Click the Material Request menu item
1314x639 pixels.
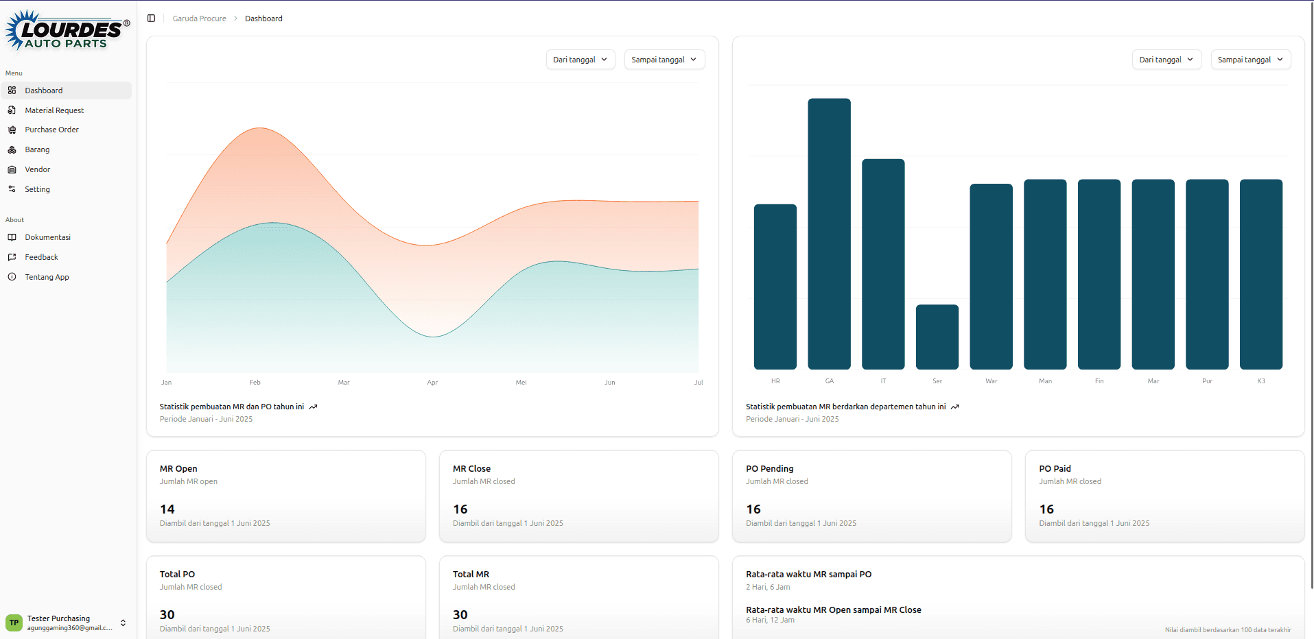(54, 110)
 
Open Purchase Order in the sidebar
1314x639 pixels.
(51, 130)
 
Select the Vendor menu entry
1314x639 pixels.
(38, 169)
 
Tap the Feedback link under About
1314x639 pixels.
(41, 257)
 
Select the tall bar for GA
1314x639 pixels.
(829, 233)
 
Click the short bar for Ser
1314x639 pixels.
(937, 337)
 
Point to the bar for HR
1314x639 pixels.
(775, 287)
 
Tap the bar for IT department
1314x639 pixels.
(883, 264)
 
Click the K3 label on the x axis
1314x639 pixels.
(1261, 381)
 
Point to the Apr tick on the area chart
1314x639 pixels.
(432, 383)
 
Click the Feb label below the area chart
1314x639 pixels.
(255, 383)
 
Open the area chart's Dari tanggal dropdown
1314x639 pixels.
(580, 60)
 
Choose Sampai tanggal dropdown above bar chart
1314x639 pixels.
(1250, 60)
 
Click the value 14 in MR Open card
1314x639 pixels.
(167, 509)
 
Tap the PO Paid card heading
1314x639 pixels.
(1055, 469)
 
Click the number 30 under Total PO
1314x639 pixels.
(167, 615)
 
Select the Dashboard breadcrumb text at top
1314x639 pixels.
(263, 19)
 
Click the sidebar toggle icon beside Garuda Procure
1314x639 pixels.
(151, 19)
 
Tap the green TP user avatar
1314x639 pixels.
(14, 623)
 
